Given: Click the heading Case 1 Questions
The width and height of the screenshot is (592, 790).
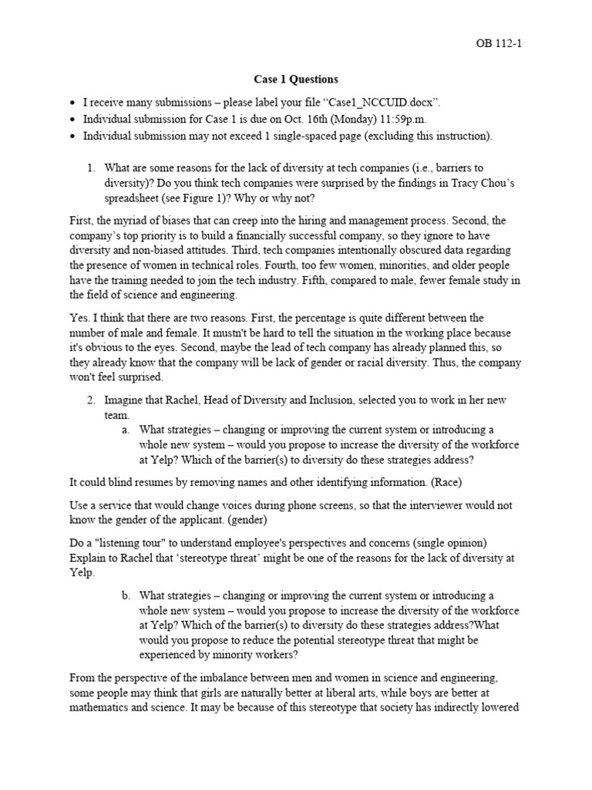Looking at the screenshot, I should tap(295, 79).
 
